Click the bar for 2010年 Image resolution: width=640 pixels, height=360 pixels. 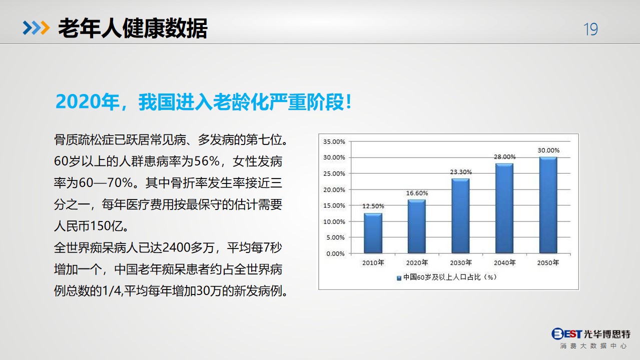point(373,233)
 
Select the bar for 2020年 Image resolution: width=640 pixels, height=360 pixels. point(416,226)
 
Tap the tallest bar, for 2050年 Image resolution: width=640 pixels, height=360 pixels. point(548,205)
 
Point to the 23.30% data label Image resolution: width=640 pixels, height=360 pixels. point(461,172)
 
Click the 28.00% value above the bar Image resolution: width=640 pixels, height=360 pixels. point(504,156)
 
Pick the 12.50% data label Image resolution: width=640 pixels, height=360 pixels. point(373,206)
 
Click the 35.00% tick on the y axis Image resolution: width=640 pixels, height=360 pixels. point(334,141)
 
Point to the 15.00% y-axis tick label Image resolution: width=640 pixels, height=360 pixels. point(334,205)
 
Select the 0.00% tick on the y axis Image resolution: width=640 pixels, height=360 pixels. point(335,253)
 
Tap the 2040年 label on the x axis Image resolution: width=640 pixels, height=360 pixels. point(504,262)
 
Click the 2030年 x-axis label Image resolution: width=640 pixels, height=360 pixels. point(461,262)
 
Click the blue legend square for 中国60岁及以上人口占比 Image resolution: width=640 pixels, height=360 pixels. point(399,278)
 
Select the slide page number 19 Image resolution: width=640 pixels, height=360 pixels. point(590,29)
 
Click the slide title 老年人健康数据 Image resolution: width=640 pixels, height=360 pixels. point(133,28)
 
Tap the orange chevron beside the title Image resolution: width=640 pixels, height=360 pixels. point(45,28)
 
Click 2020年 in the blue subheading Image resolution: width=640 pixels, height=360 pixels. point(88,101)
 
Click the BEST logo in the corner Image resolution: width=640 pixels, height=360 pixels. point(566,333)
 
